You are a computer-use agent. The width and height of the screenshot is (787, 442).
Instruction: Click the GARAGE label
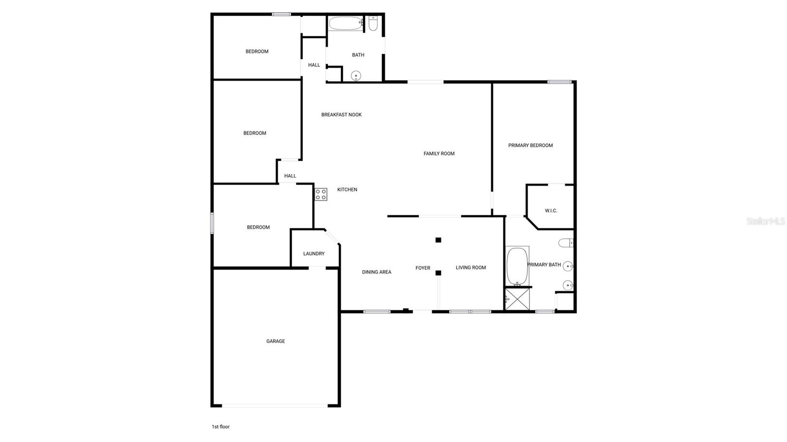point(275,341)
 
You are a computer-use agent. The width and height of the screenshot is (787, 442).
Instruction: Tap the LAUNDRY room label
point(314,254)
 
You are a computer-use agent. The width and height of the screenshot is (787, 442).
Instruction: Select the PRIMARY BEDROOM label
point(530,146)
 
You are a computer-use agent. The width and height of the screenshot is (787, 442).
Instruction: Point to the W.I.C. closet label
point(551,211)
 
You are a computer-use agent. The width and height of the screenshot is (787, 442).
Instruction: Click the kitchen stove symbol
point(321,194)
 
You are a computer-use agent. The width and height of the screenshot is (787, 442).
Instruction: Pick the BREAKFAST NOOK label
point(341,115)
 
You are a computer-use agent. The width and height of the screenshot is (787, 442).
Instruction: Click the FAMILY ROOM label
point(439,154)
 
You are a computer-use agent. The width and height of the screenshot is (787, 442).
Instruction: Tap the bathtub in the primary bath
point(517,266)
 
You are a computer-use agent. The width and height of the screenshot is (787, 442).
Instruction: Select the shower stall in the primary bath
point(517,298)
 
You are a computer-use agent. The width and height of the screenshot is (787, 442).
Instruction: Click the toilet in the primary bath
point(566,243)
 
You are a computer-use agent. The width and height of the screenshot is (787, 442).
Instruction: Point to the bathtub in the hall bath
point(345,23)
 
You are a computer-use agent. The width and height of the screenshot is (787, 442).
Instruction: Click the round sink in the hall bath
point(356,76)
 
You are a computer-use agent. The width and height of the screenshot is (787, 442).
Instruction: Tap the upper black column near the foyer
point(438,240)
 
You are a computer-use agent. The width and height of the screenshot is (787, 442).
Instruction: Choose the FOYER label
point(423,268)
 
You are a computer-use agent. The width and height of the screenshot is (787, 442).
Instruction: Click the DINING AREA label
point(376,272)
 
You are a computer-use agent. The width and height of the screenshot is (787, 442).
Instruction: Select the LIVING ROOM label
point(471,268)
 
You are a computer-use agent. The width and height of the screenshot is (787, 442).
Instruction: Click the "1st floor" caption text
point(220,427)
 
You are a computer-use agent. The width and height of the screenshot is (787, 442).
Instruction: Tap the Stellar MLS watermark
point(765,222)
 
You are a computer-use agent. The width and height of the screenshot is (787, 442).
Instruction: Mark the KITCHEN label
point(347,190)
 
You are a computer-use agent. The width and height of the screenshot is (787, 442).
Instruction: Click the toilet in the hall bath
point(373,23)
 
